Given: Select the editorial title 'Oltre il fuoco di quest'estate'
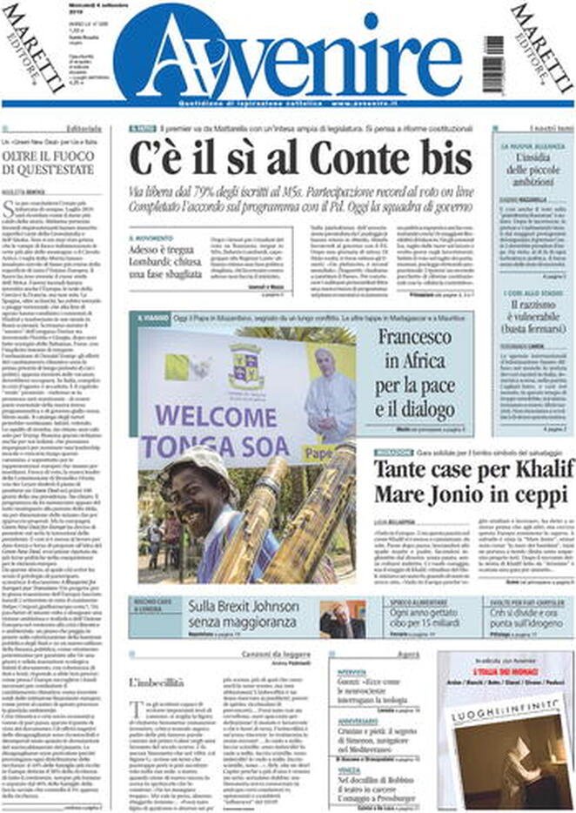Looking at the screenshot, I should [x=42, y=163].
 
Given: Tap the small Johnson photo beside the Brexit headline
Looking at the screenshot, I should [x=342, y=620].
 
